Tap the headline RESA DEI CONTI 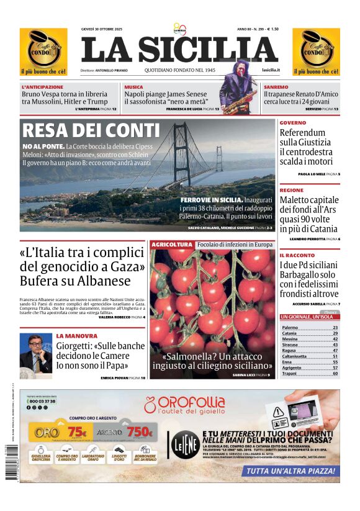(90, 130)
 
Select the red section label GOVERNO (292, 123)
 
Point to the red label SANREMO (276, 87)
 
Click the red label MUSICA (133, 87)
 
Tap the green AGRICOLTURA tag (172, 245)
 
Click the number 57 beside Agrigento (335, 368)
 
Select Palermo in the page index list (290, 327)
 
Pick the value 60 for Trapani (335, 373)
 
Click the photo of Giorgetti (35, 353)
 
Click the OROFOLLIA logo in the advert (184, 405)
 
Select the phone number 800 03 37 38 (42, 402)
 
